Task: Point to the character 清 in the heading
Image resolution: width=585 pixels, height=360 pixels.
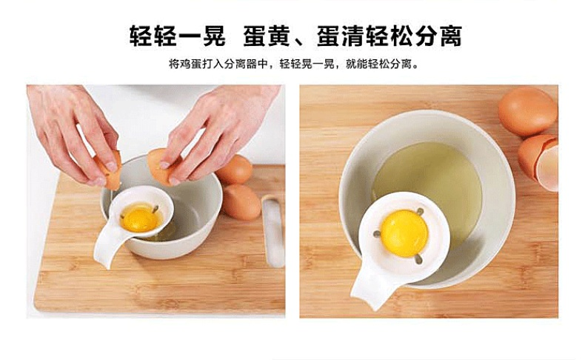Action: [352, 35]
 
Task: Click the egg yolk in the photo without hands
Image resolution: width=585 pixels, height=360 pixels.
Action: [404, 233]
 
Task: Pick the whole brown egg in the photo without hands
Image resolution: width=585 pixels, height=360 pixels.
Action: [526, 111]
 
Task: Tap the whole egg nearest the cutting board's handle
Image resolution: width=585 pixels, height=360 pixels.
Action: [241, 201]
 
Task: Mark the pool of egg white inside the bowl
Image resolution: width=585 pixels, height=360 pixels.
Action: [429, 178]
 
